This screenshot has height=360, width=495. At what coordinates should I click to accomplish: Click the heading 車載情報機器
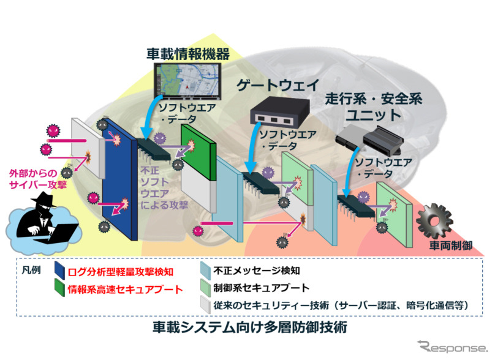(x=188, y=54)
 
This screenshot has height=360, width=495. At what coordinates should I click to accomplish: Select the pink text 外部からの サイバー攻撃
(x=36, y=178)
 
